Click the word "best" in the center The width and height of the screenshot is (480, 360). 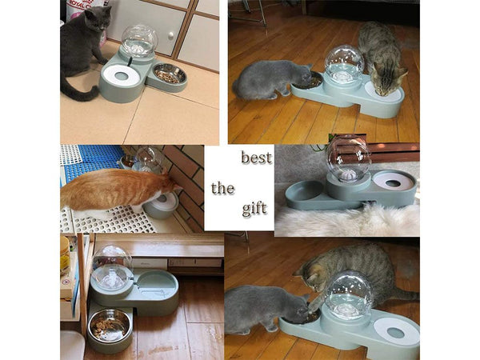pos(256,158)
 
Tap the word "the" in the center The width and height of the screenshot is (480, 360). pos(222,189)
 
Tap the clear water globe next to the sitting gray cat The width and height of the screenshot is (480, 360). pos(138,41)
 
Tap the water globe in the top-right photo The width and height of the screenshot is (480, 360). pos(344,64)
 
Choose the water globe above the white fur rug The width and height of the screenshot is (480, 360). pos(349,160)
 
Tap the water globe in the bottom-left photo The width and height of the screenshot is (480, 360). pos(112,268)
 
